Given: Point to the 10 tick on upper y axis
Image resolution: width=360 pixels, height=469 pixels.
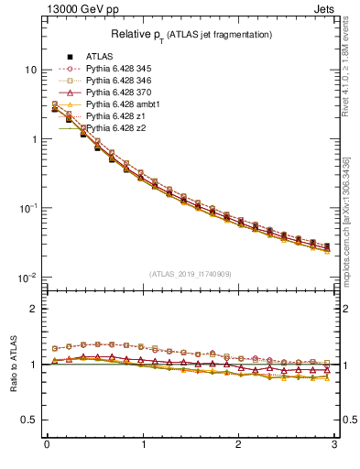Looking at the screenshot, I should (x=29, y=70).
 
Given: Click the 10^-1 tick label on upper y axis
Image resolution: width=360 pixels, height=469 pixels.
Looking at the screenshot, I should (x=27, y=208).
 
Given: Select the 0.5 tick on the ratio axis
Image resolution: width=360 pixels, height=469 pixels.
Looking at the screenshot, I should (x=28, y=420).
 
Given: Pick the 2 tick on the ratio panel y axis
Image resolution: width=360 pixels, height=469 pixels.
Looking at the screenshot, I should (x=33, y=310).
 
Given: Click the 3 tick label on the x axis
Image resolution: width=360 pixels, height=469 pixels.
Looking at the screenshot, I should (x=334, y=451).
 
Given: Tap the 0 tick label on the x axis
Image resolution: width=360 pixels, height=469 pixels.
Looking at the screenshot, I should (x=47, y=451).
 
